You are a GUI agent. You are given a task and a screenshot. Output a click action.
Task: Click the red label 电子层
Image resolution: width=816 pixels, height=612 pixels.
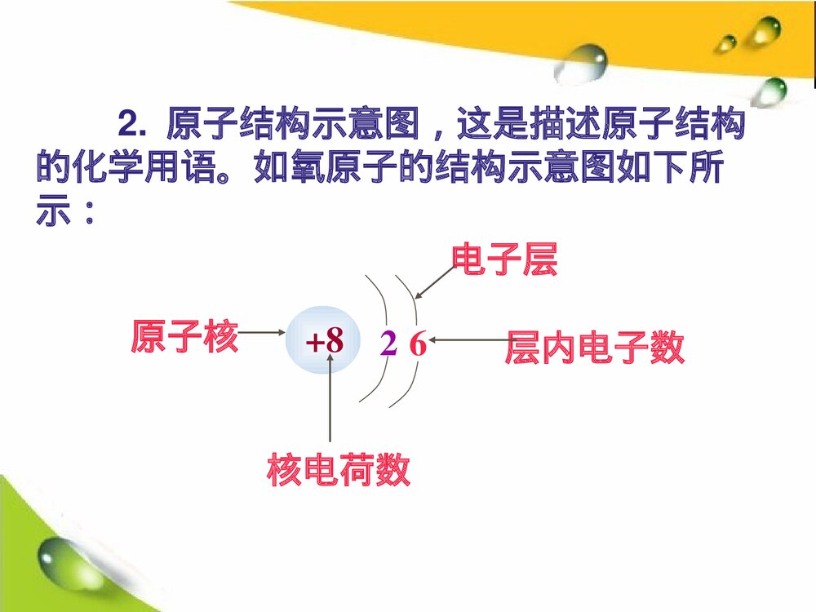pyautogui.click(x=504, y=260)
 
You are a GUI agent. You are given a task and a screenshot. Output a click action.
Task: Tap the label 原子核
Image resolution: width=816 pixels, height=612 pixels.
pyautogui.click(x=184, y=336)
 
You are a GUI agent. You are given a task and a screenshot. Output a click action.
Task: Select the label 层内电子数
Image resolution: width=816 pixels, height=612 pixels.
pyautogui.click(x=594, y=348)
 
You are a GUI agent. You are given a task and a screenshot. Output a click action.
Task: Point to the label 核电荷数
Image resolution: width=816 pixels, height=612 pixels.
pyautogui.click(x=339, y=470)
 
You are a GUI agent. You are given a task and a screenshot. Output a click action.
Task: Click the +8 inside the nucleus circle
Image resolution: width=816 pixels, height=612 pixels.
pyautogui.click(x=324, y=344)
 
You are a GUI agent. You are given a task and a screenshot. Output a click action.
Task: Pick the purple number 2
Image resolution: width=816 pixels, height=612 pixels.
pyautogui.click(x=388, y=345)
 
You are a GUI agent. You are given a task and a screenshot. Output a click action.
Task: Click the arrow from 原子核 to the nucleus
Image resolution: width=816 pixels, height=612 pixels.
pyautogui.click(x=262, y=333)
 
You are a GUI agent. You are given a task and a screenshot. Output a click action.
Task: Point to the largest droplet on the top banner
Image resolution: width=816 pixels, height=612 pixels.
pyautogui.click(x=584, y=64)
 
